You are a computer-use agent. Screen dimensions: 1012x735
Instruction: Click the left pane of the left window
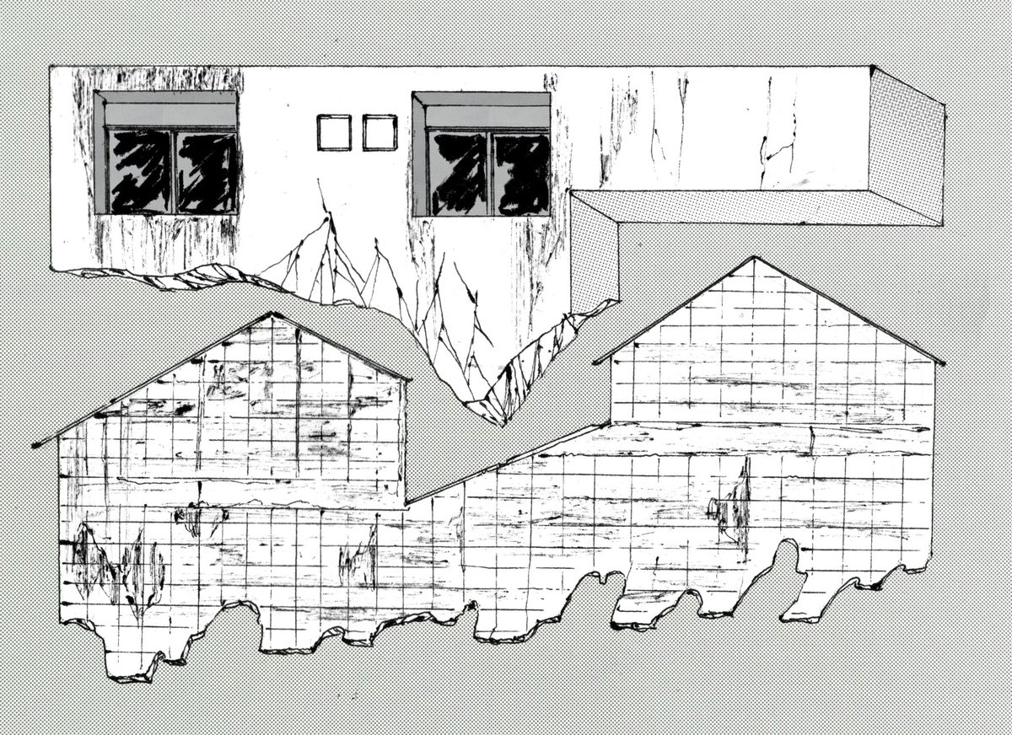click(140, 171)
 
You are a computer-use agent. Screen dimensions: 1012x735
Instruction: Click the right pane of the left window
click(206, 171)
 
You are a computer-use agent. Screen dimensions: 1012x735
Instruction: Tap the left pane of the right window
click(459, 173)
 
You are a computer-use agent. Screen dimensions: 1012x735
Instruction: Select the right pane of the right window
click(522, 173)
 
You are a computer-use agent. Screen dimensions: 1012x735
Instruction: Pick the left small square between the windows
click(334, 132)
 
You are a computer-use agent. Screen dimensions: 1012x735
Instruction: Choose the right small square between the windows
click(379, 132)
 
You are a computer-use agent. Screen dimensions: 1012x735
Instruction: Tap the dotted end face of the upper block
click(907, 148)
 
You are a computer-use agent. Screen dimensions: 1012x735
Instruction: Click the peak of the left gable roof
click(272, 314)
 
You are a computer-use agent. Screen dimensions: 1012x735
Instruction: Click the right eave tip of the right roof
click(942, 362)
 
